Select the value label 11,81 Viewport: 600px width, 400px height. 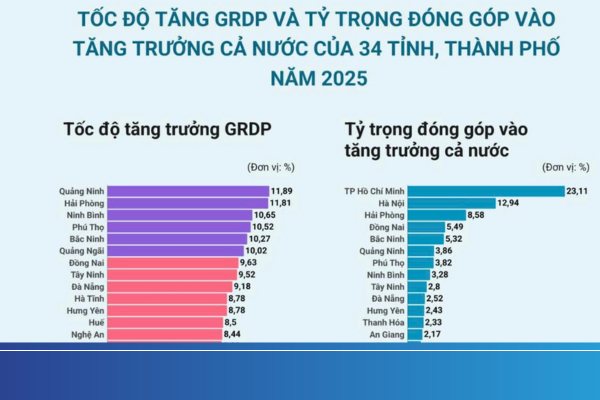(281, 202)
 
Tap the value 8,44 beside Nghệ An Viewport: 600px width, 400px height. (234, 335)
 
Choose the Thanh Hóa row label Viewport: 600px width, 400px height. (382, 323)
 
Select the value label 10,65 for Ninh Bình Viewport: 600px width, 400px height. (265, 215)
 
